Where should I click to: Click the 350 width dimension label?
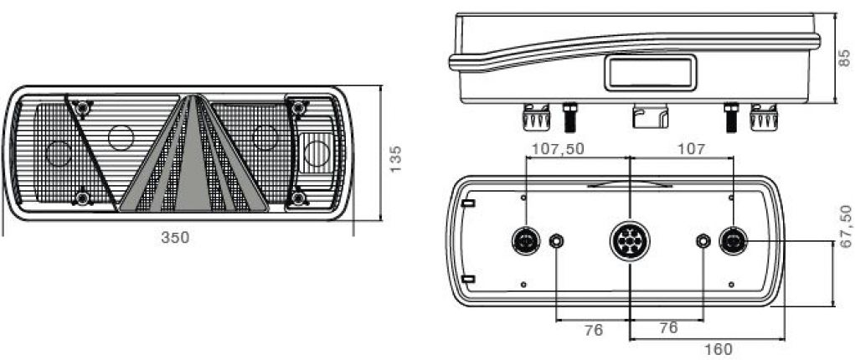[175, 237]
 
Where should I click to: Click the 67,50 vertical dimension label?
[844, 229]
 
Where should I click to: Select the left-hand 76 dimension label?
[593, 330]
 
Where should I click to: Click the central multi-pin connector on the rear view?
[628, 243]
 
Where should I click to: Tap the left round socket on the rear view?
[525, 243]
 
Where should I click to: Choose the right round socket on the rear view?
[734, 242]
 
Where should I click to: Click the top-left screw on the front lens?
[81, 108]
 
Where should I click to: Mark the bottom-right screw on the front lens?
[299, 198]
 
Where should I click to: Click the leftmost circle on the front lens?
[58, 153]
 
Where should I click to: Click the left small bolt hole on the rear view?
[556, 243]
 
